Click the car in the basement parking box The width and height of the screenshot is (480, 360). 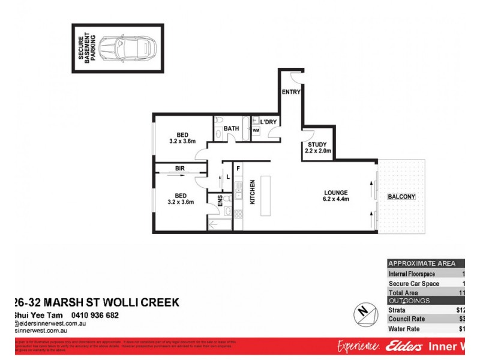coord(127,49)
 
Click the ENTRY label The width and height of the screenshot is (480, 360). coord(291,92)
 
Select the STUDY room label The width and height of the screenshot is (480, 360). coord(317,145)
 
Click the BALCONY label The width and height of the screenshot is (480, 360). coord(401,197)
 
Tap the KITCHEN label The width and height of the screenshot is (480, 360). coord(253,192)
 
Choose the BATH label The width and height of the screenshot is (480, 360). coord(231,128)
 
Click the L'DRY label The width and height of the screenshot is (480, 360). coord(268,122)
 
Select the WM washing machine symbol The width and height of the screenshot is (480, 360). coord(256,130)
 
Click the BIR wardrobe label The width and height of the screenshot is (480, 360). coord(179,169)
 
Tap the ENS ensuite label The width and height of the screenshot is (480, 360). coord(220,201)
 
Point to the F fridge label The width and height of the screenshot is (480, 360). coord(238,169)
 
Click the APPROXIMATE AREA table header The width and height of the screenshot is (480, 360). coord(422,263)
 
